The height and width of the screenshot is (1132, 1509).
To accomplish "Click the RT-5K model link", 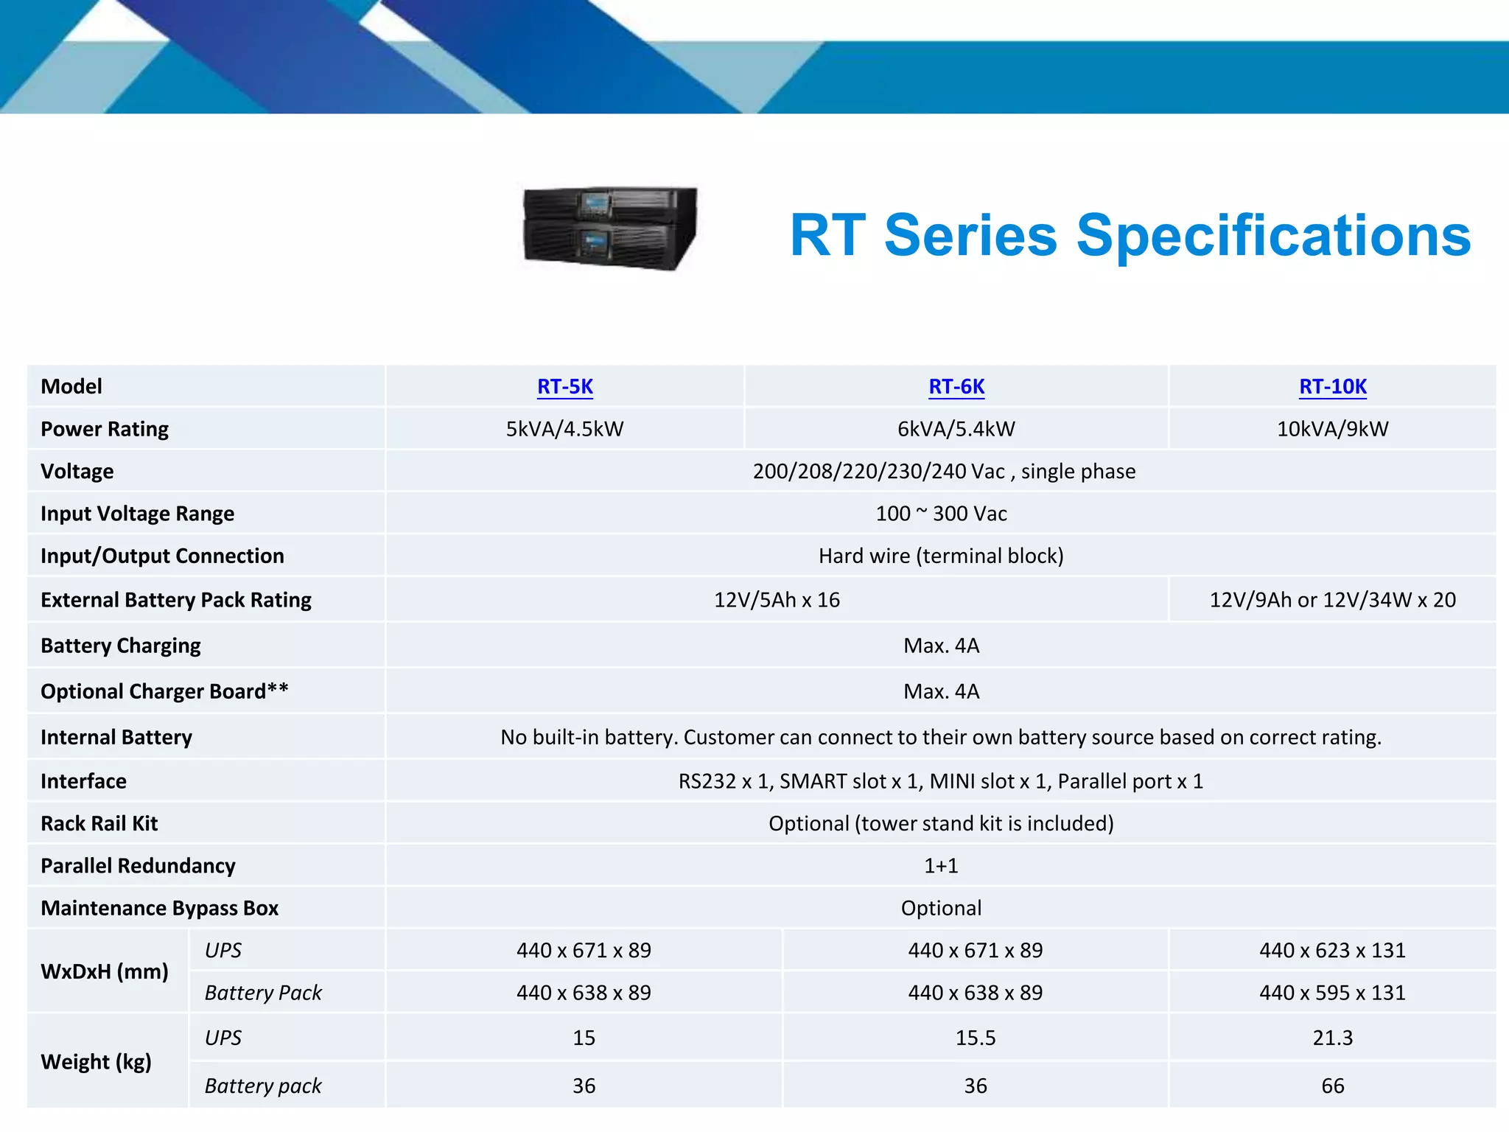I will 565,387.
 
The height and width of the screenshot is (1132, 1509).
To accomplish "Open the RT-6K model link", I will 956,387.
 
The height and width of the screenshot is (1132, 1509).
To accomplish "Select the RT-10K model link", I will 1332,387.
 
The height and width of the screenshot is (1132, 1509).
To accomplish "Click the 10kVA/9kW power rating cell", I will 1332,429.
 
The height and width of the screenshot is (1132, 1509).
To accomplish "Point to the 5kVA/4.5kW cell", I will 564,429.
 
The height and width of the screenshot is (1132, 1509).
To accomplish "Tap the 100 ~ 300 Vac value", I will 941,514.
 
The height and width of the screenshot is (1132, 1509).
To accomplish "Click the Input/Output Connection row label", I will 162,556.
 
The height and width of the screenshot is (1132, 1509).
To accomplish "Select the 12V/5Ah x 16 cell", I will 777,600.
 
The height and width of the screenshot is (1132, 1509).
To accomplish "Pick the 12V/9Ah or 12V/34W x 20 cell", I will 1332,600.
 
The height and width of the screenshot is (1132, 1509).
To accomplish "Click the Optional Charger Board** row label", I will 164,691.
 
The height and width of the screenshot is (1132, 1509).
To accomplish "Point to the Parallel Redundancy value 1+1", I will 941,866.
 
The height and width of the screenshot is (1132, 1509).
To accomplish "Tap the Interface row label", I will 83,781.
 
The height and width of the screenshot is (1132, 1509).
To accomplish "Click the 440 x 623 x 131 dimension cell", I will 1332,951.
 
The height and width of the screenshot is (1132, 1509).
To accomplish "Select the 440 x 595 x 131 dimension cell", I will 1332,993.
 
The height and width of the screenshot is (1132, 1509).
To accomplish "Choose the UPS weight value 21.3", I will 1332,1038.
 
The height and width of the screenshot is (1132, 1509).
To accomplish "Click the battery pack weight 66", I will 1332,1086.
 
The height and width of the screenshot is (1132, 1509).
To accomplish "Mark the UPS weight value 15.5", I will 975,1038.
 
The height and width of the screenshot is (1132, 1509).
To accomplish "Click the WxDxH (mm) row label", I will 105,971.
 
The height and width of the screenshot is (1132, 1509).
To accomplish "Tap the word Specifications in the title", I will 1273,236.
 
